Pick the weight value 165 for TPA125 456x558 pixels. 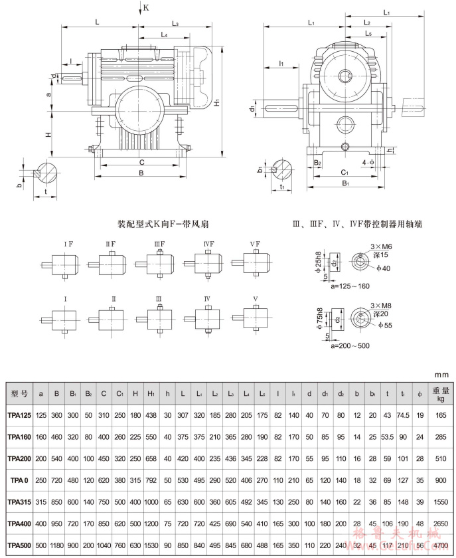click(x=438, y=414)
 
